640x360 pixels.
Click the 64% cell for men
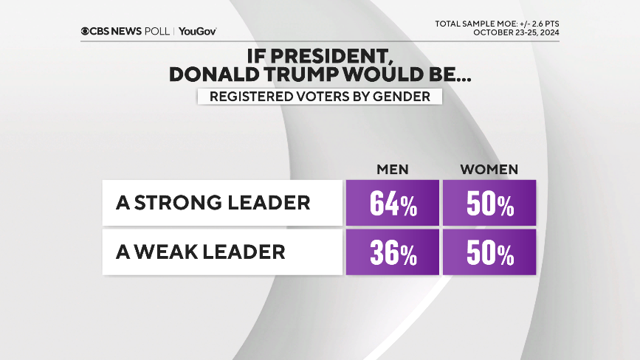tap(393, 203)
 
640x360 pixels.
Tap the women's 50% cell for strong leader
tap(489, 203)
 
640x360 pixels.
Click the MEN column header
tap(393, 170)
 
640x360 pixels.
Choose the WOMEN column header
tap(489, 170)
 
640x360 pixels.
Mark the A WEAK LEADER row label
tap(200, 252)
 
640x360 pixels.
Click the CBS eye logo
tap(86, 32)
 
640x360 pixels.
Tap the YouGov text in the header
tap(197, 32)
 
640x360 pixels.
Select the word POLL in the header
tap(155, 32)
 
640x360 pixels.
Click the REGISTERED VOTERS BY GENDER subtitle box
tap(319, 97)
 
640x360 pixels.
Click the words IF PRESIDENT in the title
tap(319, 55)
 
